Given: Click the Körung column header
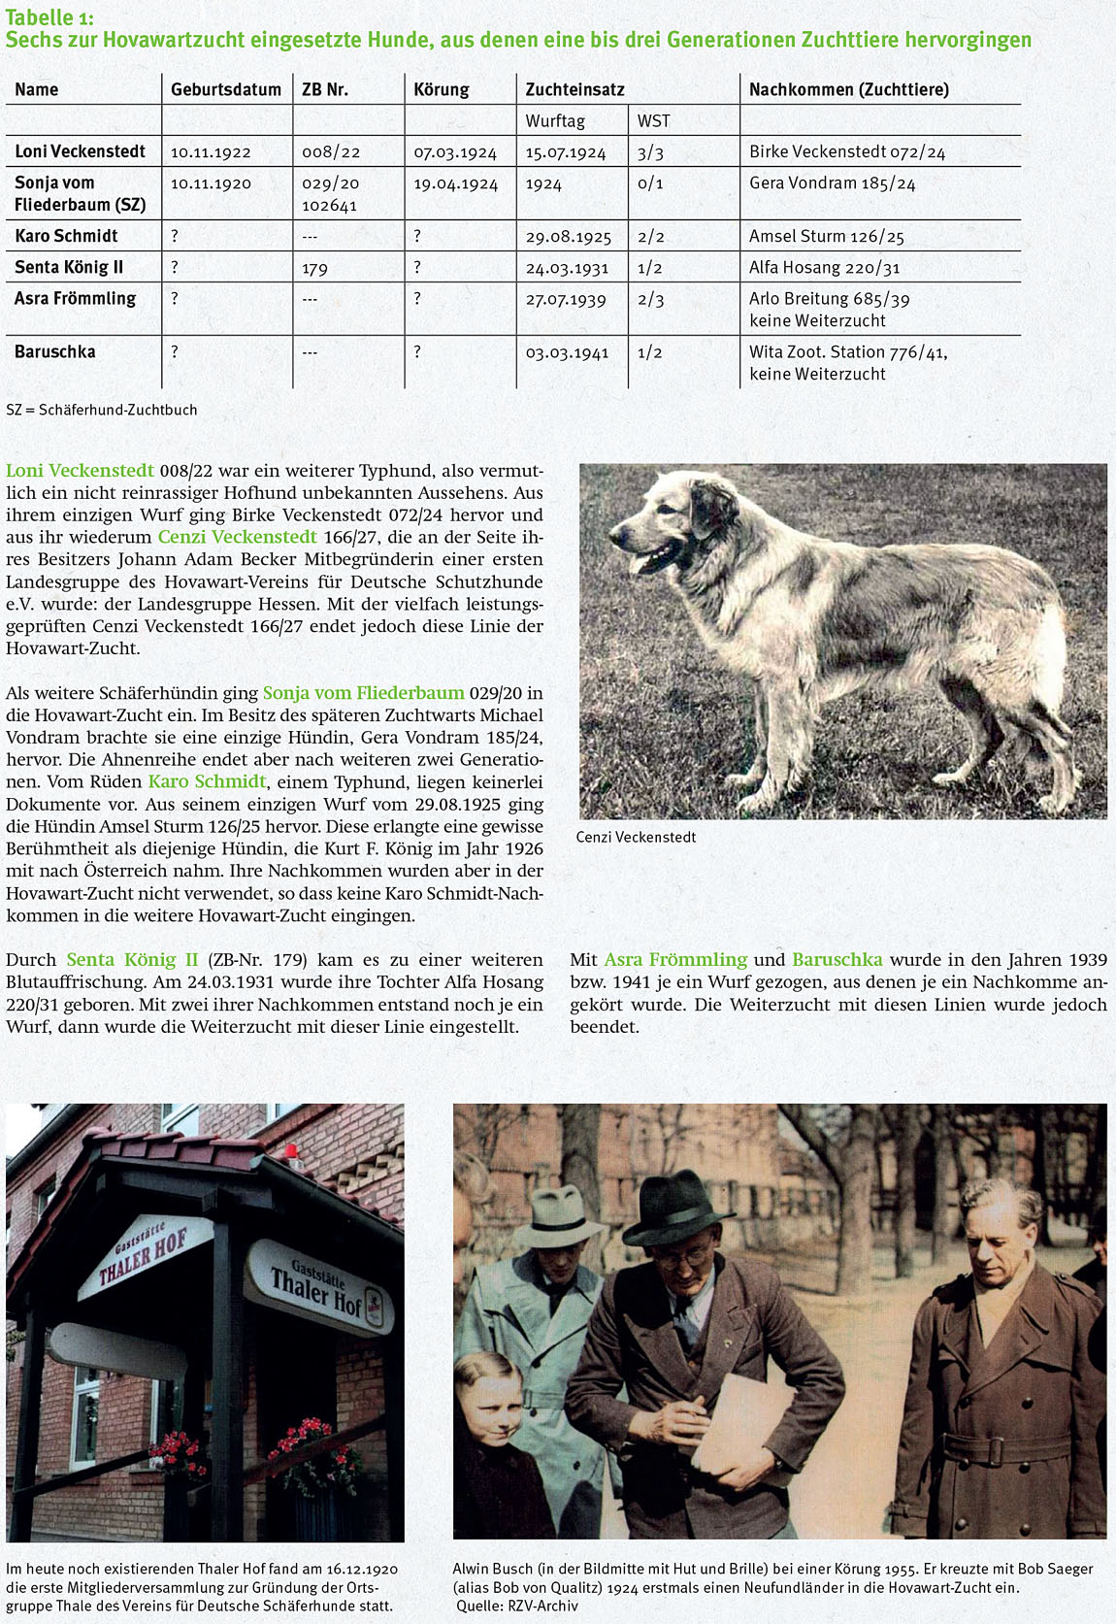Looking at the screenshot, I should point(441,89).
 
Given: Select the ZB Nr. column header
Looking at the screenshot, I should point(324,89).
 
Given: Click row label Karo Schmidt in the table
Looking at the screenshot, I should point(66,236).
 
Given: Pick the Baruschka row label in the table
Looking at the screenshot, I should point(55,351).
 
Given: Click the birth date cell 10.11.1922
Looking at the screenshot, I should point(211,152).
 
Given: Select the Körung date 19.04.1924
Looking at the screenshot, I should point(455,183).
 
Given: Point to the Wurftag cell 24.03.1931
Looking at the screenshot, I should point(567,268).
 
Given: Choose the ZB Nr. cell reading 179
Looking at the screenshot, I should point(314,268).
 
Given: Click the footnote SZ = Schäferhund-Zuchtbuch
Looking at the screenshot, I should point(102,410).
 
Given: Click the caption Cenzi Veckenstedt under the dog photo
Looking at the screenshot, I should point(636,837).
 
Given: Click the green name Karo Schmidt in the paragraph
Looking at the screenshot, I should point(207,781).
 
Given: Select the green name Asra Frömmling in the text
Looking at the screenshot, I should point(675,959).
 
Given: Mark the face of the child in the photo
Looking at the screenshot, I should point(491,1398).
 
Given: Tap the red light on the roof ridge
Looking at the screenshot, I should point(290,1151).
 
